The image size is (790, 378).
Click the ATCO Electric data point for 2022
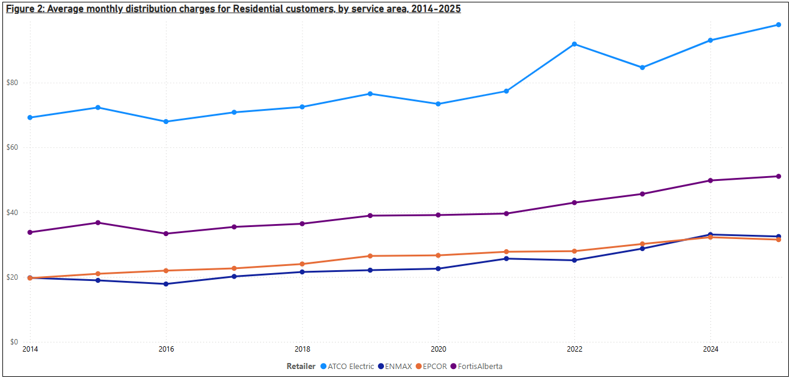pyautogui.click(x=574, y=44)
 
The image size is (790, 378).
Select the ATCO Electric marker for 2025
pyautogui.click(x=779, y=25)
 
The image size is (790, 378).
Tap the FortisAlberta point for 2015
pyautogui.click(x=98, y=223)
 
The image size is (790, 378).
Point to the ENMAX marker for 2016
pyautogui.click(x=166, y=284)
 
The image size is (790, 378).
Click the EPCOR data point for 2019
pyautogui.click(x=370, y=256)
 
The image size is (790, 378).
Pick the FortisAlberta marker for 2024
pyautogui.click(x=710, y=180)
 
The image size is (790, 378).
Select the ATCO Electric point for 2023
pyautogui.click(x=643, y=68)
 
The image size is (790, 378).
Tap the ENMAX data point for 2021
pyautogui.click(x=506, y=259)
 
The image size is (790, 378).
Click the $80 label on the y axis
pyautogui.click(x=13, y=83)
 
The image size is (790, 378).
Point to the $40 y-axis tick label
pyautogui.click(x=13, y=213)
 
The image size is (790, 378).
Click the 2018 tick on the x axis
pyautogui.click(x=302, y=349)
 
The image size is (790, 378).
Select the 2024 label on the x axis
pyautogui.click(x=710, y=349)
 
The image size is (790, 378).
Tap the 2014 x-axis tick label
pyautogui.click(x=30, y=349)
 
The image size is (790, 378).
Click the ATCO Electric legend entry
pyautogui.click(x=350, y=366)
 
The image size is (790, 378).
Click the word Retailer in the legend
pyautogui.click(x=301, y=366)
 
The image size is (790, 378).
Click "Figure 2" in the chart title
pyautogui.click(x=22, y=9)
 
